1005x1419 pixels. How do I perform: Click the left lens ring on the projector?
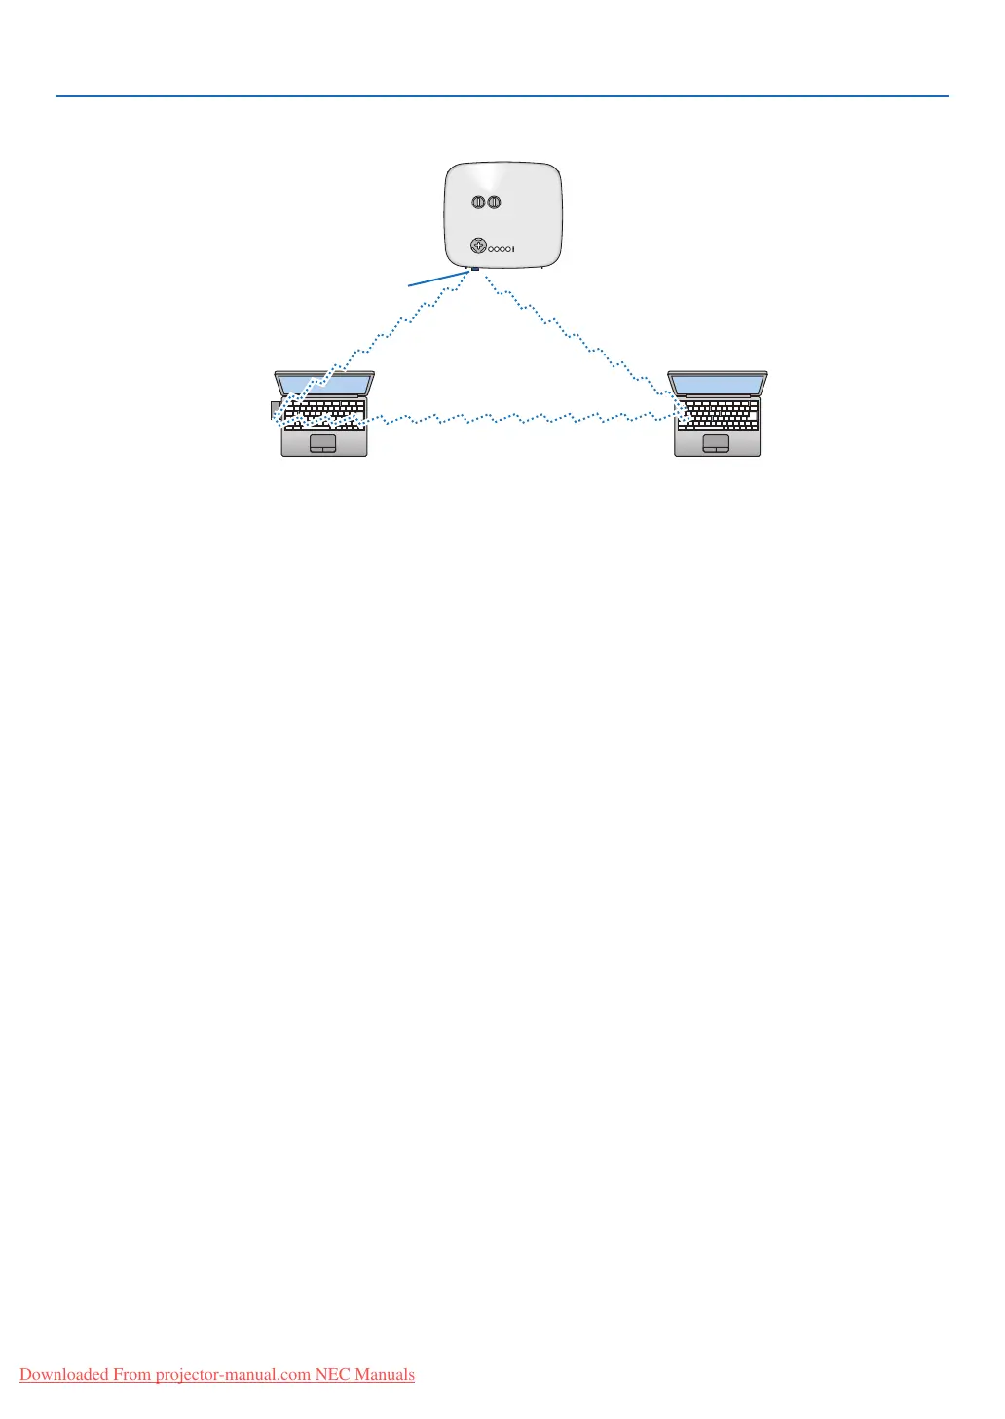click(x=479, y=203)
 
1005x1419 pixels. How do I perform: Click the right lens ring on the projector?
click(x=495, y=203)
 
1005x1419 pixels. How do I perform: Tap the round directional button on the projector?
click(x=478, y=246)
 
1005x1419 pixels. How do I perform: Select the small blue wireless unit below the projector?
click(x=473, y=270)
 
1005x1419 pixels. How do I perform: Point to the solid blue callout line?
click(x=438, y=279)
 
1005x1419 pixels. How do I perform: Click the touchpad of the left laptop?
click(x=322, y=443)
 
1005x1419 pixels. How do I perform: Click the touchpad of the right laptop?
click(x=716, y=443)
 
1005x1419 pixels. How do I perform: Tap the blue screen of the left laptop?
click(x=324, y=384)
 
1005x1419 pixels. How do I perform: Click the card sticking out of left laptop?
click(x=275, y=410)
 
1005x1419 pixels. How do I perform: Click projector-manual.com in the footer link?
click(x=233, y=1375)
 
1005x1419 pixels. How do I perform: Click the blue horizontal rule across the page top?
click(x=502, y=96)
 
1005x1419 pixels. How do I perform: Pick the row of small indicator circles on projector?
click(x=501, y=249)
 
